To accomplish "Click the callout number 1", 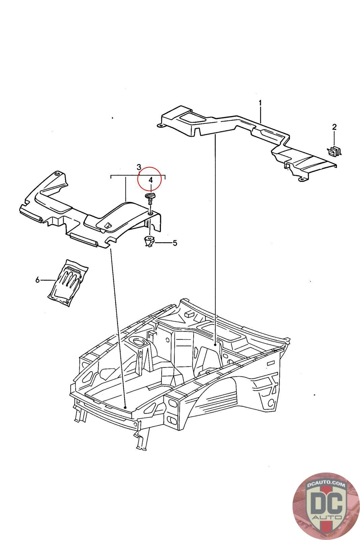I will [260, 103].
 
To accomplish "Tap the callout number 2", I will [334, 127].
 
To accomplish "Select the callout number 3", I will [139, 167].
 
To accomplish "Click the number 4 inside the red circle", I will [150, 180].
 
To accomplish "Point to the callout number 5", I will [175, 243].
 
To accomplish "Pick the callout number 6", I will [37, 279].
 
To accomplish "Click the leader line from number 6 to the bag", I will [48, 280].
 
